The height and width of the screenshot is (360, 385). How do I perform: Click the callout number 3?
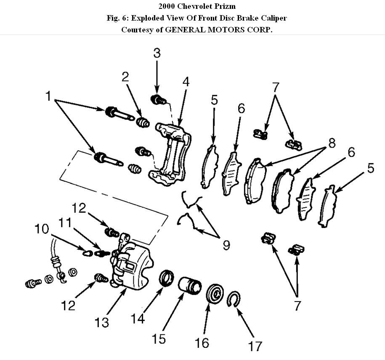pyautogui.click(x=157, y=53)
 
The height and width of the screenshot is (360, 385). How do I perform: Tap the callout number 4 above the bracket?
pyautogui.click(x=186, y=82)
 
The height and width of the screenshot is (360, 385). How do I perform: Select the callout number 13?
pyautogui.click(x=102, y=323)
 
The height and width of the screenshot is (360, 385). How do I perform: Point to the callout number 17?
pyautogui.click(x=255, y=346)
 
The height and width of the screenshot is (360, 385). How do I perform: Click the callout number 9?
pyautogui.click(x=226, y=245)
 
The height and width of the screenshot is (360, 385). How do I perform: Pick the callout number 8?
pyautogui.click(x=332, y=143)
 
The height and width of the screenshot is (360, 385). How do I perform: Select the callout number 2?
pyautogui.click(x=125, y=77)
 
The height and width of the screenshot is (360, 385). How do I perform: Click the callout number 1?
pyautogui.click(x=49, y=97)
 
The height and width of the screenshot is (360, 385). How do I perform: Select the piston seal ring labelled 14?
pyautogui.click(x=166, y=278)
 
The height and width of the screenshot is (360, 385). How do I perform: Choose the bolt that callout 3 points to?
pyautogui.click(x=158, y=100)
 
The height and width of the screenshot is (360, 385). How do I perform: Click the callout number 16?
pyautogui.click(x=202, y=342)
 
